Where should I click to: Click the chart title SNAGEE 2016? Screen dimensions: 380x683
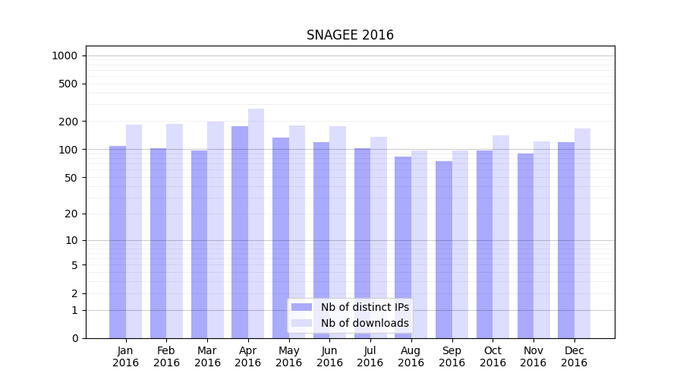(350, 35)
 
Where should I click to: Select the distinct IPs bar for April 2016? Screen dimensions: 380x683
(240, 232)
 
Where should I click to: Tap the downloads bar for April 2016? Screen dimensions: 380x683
(256, 223)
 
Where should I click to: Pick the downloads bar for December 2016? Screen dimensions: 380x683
(582, 233)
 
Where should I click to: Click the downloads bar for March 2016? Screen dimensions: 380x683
(216, 230)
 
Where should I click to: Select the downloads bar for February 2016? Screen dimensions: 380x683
(175, 231)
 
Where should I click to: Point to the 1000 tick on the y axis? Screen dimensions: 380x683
(65, 55)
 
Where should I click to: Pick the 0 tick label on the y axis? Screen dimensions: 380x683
(75, 338)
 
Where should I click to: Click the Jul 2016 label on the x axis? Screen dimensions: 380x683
(370, 356)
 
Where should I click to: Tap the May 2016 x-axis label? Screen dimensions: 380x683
(288, 356)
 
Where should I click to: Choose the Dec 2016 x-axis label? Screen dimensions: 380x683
(574, 356)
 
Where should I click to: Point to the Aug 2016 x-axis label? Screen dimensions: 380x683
(411, 356)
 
